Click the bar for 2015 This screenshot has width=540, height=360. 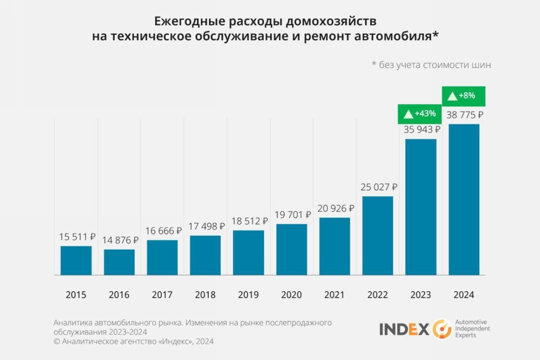[x=76, y=261]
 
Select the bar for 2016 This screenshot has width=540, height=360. [x=119, y=262]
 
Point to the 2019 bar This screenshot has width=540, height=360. [x=248, y=252]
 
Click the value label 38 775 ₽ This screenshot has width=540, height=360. [x=465, y=115]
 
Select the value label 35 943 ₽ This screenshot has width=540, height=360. [x=422, y=130]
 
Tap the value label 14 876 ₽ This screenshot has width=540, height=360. [x=120, y=240]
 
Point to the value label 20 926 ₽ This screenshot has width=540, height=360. [x=336, y=208]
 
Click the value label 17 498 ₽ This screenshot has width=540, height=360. [x=206, y=226]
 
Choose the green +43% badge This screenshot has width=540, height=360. [x=420, y=114]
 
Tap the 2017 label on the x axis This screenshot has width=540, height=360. [x=162, y=295]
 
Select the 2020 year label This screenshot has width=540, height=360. [x=292, y=295]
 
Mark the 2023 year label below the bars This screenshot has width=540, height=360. [x=421, y=295]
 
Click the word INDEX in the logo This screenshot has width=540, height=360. [x=404, y=329]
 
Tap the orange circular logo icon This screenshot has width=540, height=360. [x=442, y=329]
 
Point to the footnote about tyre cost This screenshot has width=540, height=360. [x=431, y=65]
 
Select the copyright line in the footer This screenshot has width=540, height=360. [x=134, y=342]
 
